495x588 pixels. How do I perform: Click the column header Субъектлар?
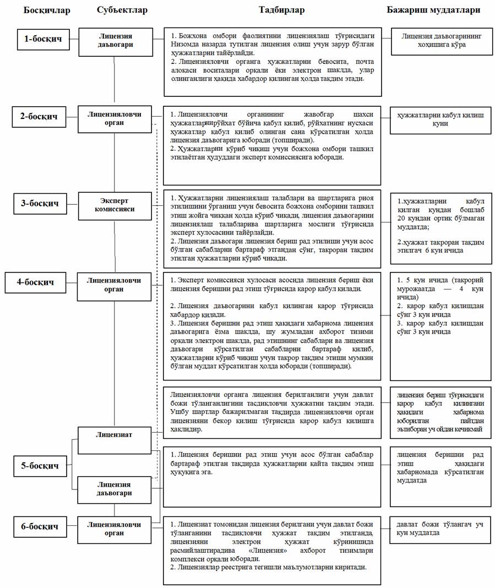122,10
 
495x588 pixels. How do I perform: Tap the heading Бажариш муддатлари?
433,10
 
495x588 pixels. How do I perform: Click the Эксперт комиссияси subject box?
115,205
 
